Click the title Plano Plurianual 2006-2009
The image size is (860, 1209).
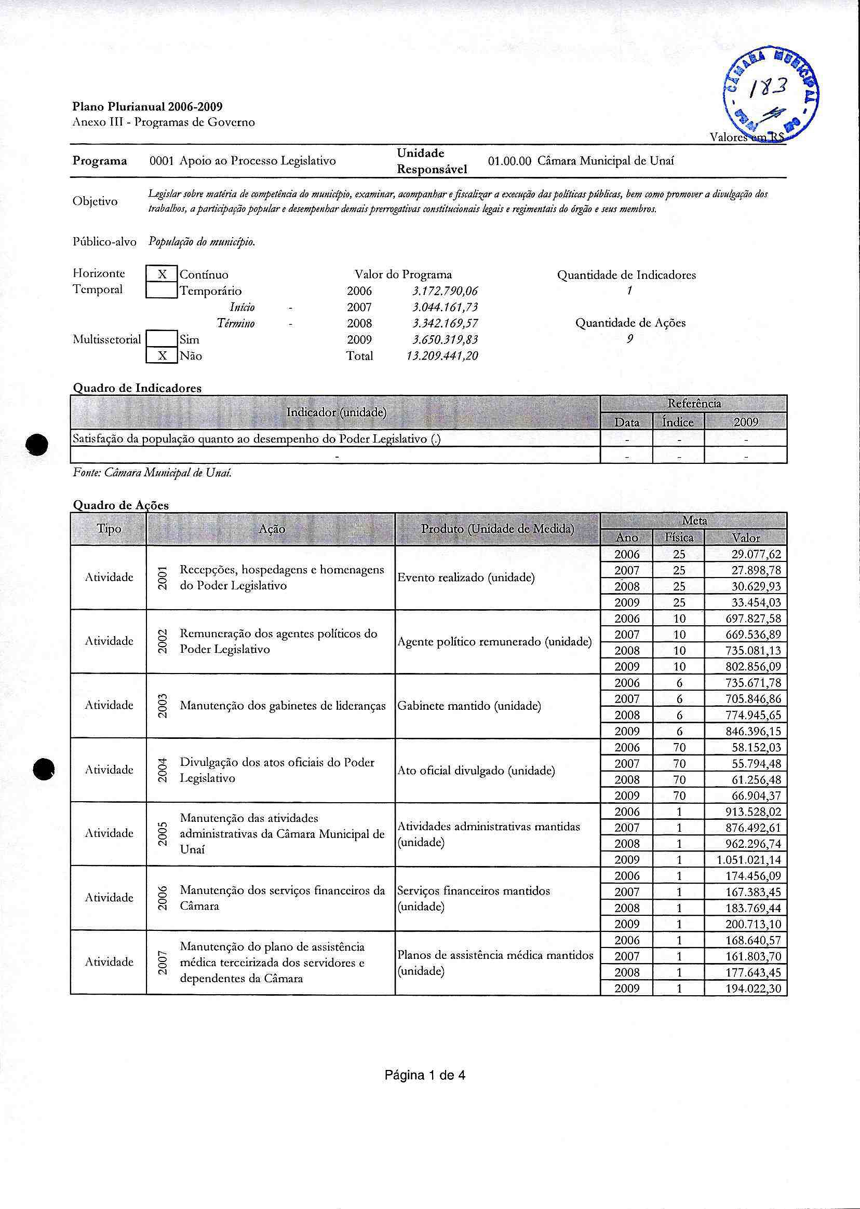[146, 106]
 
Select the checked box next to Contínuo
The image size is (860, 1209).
[162, 274]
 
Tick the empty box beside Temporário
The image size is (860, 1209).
[162, 291]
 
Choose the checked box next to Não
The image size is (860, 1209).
[162, 356]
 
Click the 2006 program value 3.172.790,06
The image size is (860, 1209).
[445, 291]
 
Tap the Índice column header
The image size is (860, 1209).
[678, 422]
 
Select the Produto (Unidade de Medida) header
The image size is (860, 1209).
[498, 529]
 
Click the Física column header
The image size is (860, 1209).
[679, 538]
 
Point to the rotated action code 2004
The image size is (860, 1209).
[163, 770]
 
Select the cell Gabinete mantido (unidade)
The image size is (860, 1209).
[468, 706]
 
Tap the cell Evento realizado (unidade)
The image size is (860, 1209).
[465, 578]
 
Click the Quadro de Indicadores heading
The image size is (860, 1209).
[137, 388]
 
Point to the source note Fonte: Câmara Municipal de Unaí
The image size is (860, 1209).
[152, 473]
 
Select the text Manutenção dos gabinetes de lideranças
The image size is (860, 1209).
[283, 706]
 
